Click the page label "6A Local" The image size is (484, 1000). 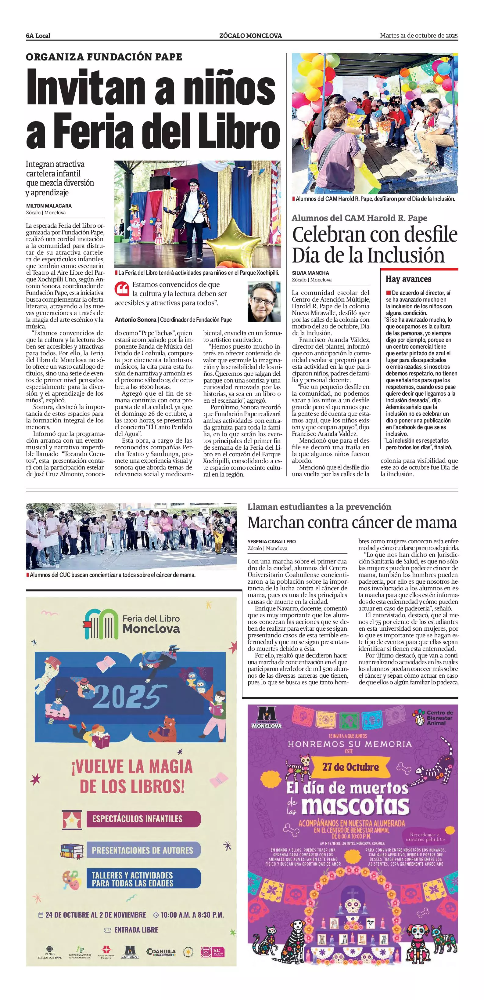(x=38, y=36)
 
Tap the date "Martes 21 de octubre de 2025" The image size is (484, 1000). (x=418, y=35)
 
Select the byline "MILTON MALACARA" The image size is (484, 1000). (x=49, y=206)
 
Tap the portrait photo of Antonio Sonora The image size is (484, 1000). (x=264, y=302)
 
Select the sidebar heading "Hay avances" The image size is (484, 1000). (x=408, y=279)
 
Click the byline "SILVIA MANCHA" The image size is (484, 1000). (x=310, y=273)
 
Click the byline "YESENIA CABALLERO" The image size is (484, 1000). (x=271, y=542)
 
